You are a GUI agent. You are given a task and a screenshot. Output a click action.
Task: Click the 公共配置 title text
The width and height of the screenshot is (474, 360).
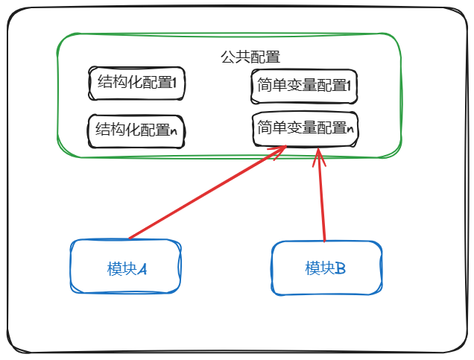pos(250,57)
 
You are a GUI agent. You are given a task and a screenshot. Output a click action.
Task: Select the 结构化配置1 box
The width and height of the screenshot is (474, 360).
pos(136,83)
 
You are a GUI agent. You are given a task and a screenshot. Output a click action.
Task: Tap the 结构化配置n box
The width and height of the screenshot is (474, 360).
pos(136,130)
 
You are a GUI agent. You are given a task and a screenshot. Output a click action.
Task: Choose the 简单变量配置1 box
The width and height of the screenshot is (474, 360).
pos(303,86)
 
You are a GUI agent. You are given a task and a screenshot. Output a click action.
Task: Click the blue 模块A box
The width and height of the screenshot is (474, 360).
pos(125,268)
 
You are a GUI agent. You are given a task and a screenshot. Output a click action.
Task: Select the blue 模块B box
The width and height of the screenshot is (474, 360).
pos(326,268)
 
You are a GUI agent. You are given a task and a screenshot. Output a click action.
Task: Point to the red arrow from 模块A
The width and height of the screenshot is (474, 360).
pos(201,195)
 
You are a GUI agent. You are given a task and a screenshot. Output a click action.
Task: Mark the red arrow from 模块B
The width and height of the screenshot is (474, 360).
pos(322,198)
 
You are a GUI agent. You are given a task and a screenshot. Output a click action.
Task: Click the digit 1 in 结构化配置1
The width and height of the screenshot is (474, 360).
pos(174,84)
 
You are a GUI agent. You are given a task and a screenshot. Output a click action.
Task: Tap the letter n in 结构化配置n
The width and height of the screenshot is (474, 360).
pos(174,131)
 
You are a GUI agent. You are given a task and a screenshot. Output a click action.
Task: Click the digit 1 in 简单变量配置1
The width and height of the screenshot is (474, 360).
pos(347,86)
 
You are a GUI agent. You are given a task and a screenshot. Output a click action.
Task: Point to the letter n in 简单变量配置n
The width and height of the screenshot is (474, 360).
pos(349,129)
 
